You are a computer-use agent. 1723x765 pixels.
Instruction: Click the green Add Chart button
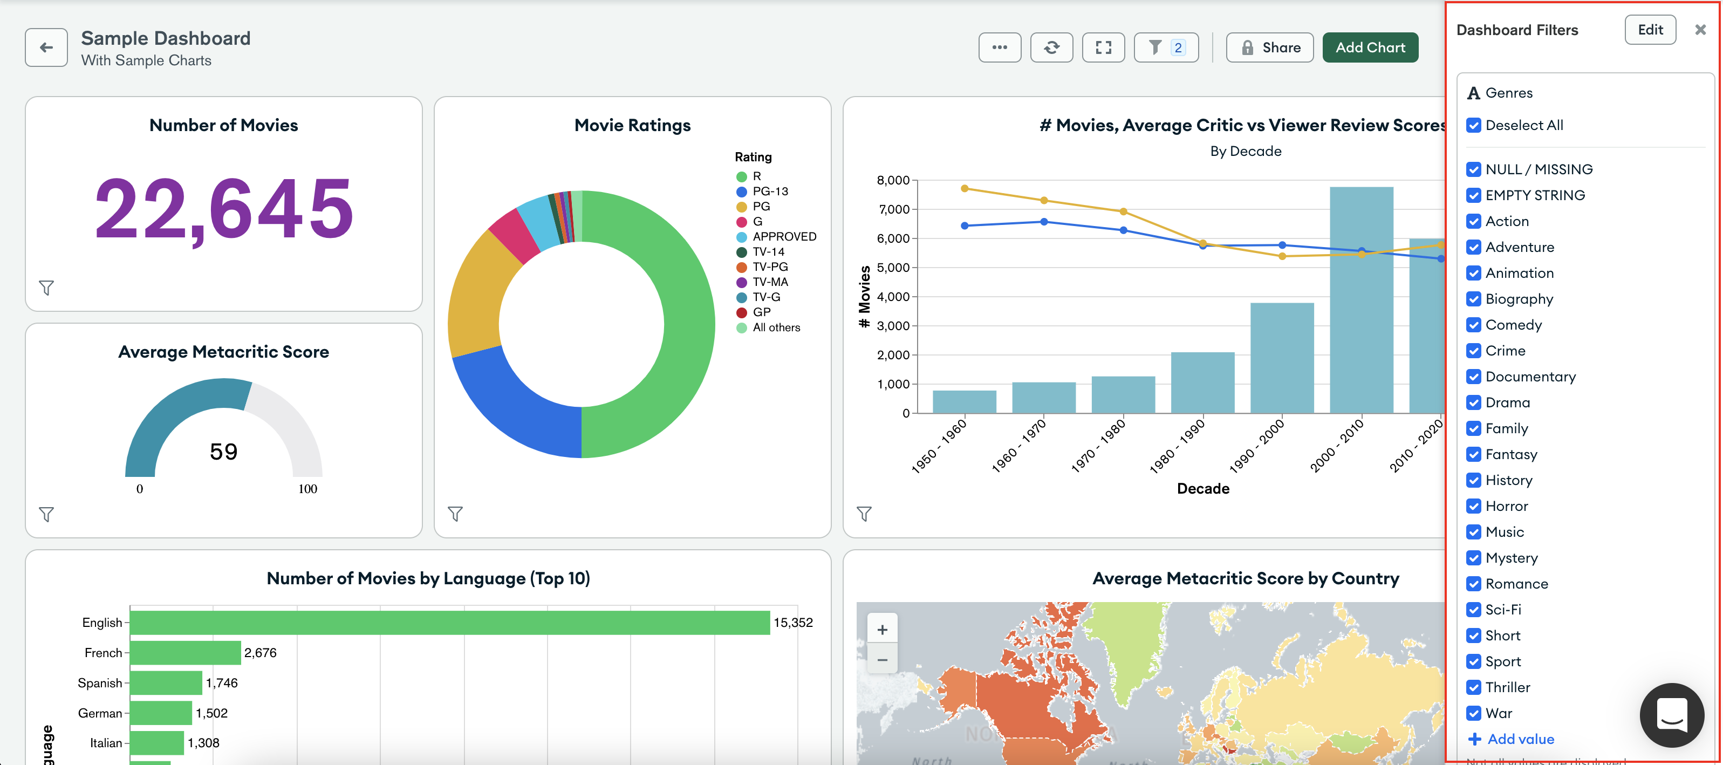tap(1370, 47)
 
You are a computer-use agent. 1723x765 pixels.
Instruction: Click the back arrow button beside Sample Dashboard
tap(46, 47)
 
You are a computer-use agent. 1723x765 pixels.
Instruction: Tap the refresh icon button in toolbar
tap(1051, 47)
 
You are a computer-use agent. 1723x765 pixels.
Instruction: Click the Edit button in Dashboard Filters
tap(1650, 30)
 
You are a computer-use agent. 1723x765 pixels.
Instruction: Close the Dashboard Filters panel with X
tap(1700, 30)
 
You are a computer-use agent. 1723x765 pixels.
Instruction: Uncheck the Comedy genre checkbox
tap(1474, 325)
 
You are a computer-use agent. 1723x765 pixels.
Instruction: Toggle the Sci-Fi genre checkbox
tap(1474, 610)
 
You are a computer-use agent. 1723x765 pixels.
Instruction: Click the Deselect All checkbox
tap(1474, 125)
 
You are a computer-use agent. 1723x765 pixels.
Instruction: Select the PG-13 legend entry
tap(769, 191)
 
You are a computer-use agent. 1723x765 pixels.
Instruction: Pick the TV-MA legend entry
tap(769, 282)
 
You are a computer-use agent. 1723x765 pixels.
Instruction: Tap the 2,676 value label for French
tap(260, 653)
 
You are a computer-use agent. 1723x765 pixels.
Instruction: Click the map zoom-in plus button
tap(881, 630)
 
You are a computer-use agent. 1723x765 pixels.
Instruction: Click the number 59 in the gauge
tap(223, 452)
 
